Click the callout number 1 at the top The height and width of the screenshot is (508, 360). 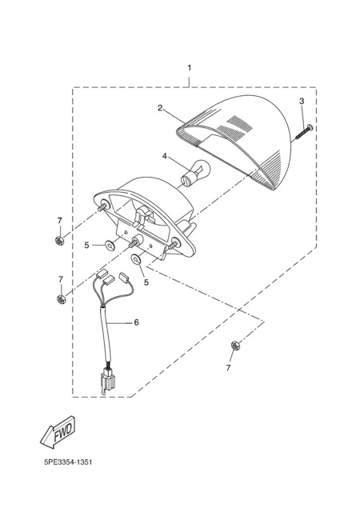[x=190, y=68]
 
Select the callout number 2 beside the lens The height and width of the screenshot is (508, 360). [x=160, y=108]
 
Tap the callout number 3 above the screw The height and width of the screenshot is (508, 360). [x=302, y=101]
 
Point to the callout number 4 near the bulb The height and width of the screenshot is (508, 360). [x=165, y=156]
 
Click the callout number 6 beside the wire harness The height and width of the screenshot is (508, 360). [x=136, y=322]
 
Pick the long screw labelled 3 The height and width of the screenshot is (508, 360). [x=304, y=133]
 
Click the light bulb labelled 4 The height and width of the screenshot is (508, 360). [x=196, y=173]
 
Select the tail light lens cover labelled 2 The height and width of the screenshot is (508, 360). [x=234, y=142]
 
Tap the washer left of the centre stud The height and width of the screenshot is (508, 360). [x=110, y=245]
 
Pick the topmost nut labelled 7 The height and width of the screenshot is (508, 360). [x=59, y=240]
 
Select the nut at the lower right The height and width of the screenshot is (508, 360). [x=235, y=346]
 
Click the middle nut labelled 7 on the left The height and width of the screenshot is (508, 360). [x=61, y=299]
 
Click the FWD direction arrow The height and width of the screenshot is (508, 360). [x=58, y=433]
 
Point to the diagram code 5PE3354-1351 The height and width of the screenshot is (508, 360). [x=68, y=462]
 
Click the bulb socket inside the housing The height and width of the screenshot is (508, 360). [x=145, y=214]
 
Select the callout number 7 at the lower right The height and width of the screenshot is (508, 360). [x=229, y=368]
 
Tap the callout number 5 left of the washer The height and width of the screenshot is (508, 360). [x=86, y=246]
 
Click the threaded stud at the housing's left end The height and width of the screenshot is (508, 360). [x=103, y=206]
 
